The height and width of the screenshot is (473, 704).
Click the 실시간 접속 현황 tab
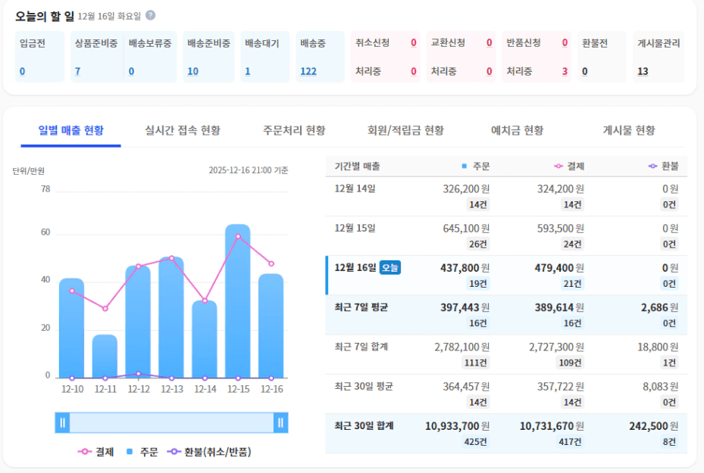coord(183,130)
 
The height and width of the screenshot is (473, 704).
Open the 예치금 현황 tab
coord(518,130)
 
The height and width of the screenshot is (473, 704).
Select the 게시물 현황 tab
coord(628,130)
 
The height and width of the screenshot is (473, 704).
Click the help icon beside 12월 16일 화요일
coord(151,15)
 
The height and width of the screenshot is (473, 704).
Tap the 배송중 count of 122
coord(308,72)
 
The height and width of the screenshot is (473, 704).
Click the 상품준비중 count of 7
coord(77,72)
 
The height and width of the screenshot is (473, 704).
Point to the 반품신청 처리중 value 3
coord(565,72)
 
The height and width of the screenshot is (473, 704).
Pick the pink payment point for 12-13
coord(171,258)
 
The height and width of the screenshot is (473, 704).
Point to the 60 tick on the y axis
coord(45,232)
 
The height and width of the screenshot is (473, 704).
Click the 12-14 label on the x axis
coord(205,390)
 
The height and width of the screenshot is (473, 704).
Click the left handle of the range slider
coord(63,422)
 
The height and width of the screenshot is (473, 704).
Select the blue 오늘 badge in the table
coord(390,267)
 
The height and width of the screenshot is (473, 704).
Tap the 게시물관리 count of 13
coord(643,72)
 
